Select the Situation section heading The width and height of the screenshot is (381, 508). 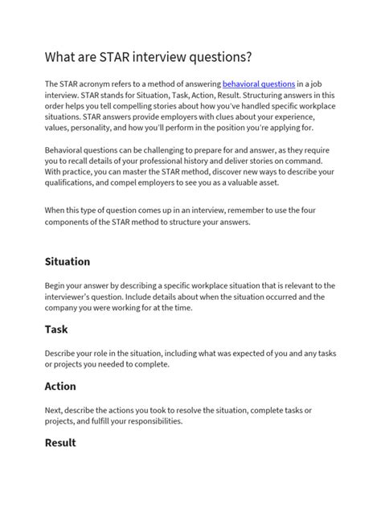68,262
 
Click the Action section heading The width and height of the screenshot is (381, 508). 60,386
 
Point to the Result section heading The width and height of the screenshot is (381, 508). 60,443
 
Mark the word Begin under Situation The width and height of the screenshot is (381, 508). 59,285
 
